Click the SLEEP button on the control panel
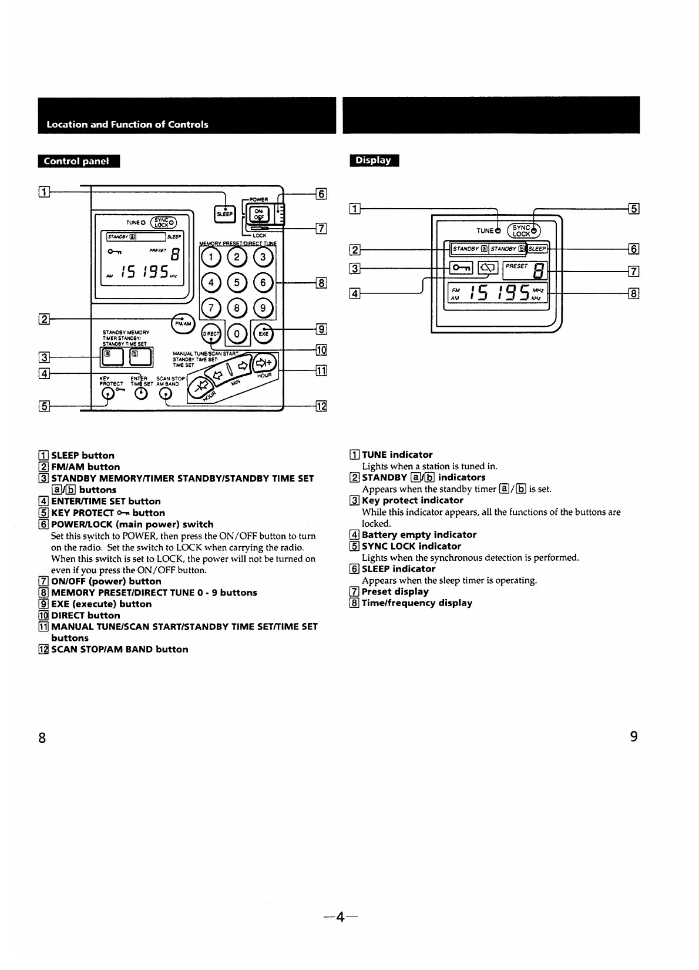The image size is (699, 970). [225, 213]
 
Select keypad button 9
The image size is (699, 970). [263, 307]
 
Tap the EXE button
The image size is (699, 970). [263, 333]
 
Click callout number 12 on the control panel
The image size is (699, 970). [321, 406]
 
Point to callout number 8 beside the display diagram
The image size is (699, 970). [633, 293]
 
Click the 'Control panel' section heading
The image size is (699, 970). [79, 161]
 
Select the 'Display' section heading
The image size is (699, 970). [374, 160]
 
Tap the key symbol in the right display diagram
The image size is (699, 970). [460, 268]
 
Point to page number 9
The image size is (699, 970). [633, 736]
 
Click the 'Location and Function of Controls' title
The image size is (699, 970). [127, 124]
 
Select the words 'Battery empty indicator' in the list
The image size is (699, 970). [419, 534]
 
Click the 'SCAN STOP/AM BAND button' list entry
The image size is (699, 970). [120, 649]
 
